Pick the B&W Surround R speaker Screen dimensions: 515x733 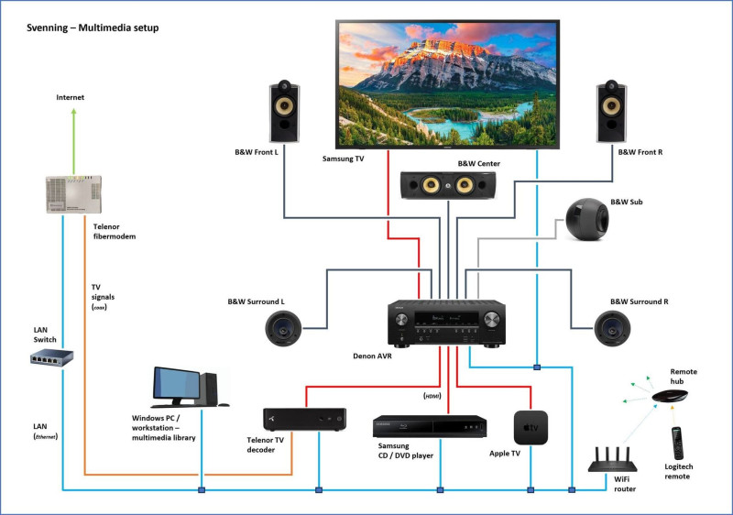pos(611,328)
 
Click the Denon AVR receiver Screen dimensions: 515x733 pos(447,323)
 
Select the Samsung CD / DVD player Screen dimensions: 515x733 pos(429,427)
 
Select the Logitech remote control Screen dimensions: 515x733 pos(677,444)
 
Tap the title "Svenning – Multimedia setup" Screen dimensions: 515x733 pos(93,28)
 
